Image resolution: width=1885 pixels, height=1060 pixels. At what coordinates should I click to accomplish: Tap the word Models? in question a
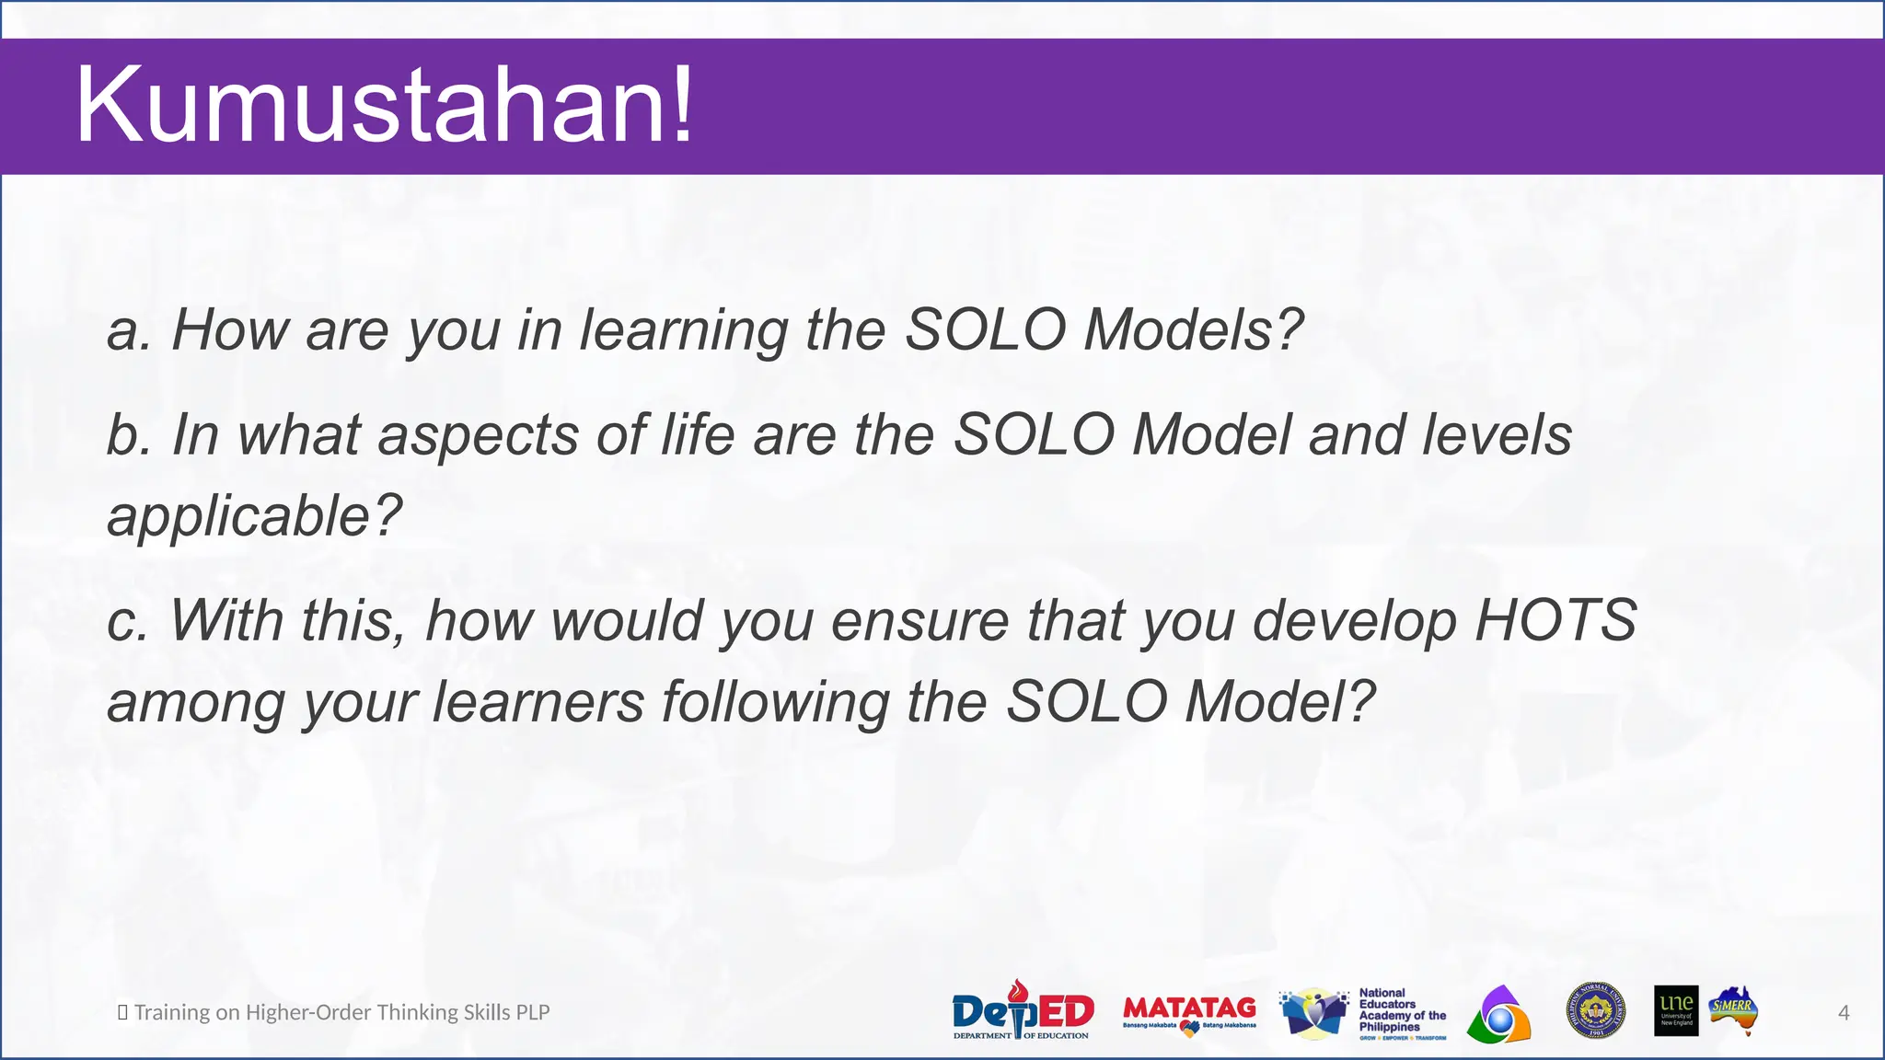[x=1193, y=329]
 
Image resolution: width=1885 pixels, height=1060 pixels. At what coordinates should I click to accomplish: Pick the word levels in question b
[x=1497, y=434]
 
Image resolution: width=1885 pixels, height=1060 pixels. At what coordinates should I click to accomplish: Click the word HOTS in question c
[x=1555, y=620]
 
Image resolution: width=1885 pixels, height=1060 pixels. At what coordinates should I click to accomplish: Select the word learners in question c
[x=538, y=703]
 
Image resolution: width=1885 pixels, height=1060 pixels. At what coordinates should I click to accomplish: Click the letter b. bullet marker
[x=128, y=435]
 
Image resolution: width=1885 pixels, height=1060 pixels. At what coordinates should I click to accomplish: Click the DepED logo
[x=1022, y=1011]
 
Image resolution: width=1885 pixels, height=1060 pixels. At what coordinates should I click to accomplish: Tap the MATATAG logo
[x=1189, y=1012]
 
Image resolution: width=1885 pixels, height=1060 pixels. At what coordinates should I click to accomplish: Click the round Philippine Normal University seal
[x=1595, y=1010]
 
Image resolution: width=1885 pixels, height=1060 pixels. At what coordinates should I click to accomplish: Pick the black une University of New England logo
[x=1676, y=1010]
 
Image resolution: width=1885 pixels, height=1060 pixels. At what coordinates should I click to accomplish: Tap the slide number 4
[x=1844, y=1012]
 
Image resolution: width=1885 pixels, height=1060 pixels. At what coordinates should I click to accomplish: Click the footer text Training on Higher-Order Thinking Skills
[x=341, y=1012]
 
